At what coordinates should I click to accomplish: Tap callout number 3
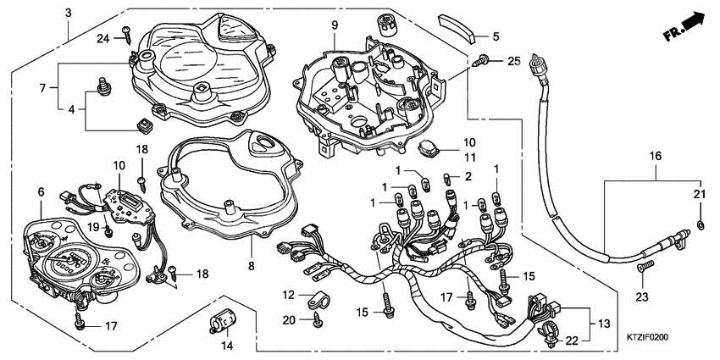(x=67, y=13)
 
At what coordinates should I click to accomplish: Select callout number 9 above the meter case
(x=334, y=26)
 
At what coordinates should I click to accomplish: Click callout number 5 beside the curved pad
(x=496, y=36)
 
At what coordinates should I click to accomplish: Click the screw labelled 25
(x=482, y=59)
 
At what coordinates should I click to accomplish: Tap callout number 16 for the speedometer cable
(x=655, y=156)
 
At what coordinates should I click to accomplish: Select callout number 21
(x=700, y=195)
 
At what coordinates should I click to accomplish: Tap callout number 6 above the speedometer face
(x=40, y=194)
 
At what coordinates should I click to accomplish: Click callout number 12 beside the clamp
(x=288, y=295)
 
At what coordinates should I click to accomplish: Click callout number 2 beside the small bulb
(x=468, y=176)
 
